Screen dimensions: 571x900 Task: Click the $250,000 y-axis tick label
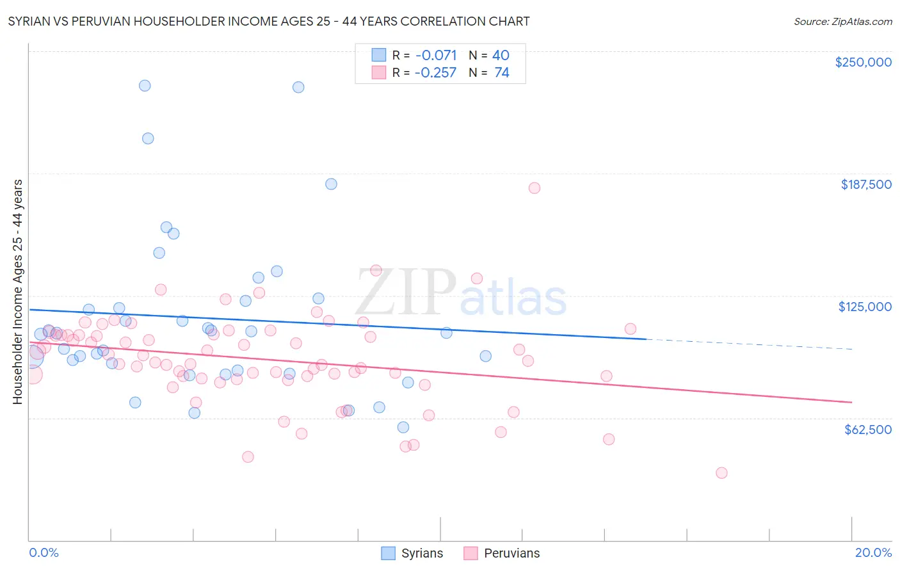click(x=863, y=62)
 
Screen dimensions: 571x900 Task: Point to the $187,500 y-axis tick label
click(x=865, y=184)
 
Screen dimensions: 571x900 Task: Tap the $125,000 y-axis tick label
click(x=864, y=307)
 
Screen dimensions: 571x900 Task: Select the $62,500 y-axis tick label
click(x=867, y=430)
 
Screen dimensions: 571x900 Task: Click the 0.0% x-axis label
click(x=44, y=552)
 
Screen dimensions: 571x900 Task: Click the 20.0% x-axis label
click(x=873, y=552)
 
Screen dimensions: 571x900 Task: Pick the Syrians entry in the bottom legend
click(x=412, y=553)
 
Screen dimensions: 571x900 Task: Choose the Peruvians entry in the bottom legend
click(x=502, y=553)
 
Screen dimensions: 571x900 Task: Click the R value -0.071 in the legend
click(x=435, y=55)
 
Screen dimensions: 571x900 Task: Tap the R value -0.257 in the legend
click(x=435, y=72)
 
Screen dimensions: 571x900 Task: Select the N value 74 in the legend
click(x=502, y=72)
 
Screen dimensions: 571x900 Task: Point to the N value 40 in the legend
click(x=501, y=55)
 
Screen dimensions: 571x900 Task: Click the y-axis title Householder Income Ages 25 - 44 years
click(x=17, y=292)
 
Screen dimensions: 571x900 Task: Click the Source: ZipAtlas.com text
click(x=842, y=21)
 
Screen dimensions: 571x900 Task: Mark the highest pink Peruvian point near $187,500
click(x=534, y=188)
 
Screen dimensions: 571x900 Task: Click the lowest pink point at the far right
click(x=721, y=473)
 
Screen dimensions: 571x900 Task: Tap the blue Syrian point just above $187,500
click(x=331, y=184)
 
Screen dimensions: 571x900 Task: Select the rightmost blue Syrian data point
click(x=485, y=356)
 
